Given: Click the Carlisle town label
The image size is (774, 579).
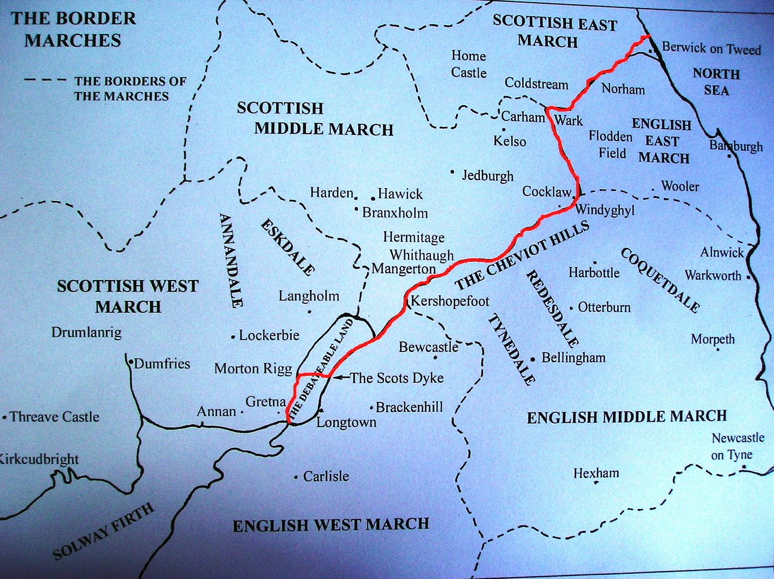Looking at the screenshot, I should click(326, 476).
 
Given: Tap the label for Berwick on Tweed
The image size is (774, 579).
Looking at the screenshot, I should click(711, 48).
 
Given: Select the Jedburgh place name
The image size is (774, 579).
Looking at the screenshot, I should click(488, 175).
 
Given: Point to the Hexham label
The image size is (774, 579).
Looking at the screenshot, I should click(596, 473).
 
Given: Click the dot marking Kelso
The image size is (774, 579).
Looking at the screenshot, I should click(504, 130).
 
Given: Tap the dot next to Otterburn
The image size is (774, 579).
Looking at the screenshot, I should click(571, 308).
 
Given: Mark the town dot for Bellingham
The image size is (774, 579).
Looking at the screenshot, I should click(533, 359).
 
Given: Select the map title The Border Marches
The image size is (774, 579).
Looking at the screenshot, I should click(73, 30).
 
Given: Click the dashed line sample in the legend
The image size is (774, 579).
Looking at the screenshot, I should click(45, 80).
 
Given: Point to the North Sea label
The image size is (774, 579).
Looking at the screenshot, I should click(716, 82).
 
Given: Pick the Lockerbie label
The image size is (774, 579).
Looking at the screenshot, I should click(269, 335).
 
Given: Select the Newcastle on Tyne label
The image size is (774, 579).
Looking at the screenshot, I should click(738, 446).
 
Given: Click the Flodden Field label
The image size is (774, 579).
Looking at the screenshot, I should click(611, 145).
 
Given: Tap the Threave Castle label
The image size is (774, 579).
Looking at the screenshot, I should click(54, 416).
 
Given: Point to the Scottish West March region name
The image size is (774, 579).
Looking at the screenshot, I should click(128, 296).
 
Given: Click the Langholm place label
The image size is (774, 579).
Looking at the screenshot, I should click(309, 296).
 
